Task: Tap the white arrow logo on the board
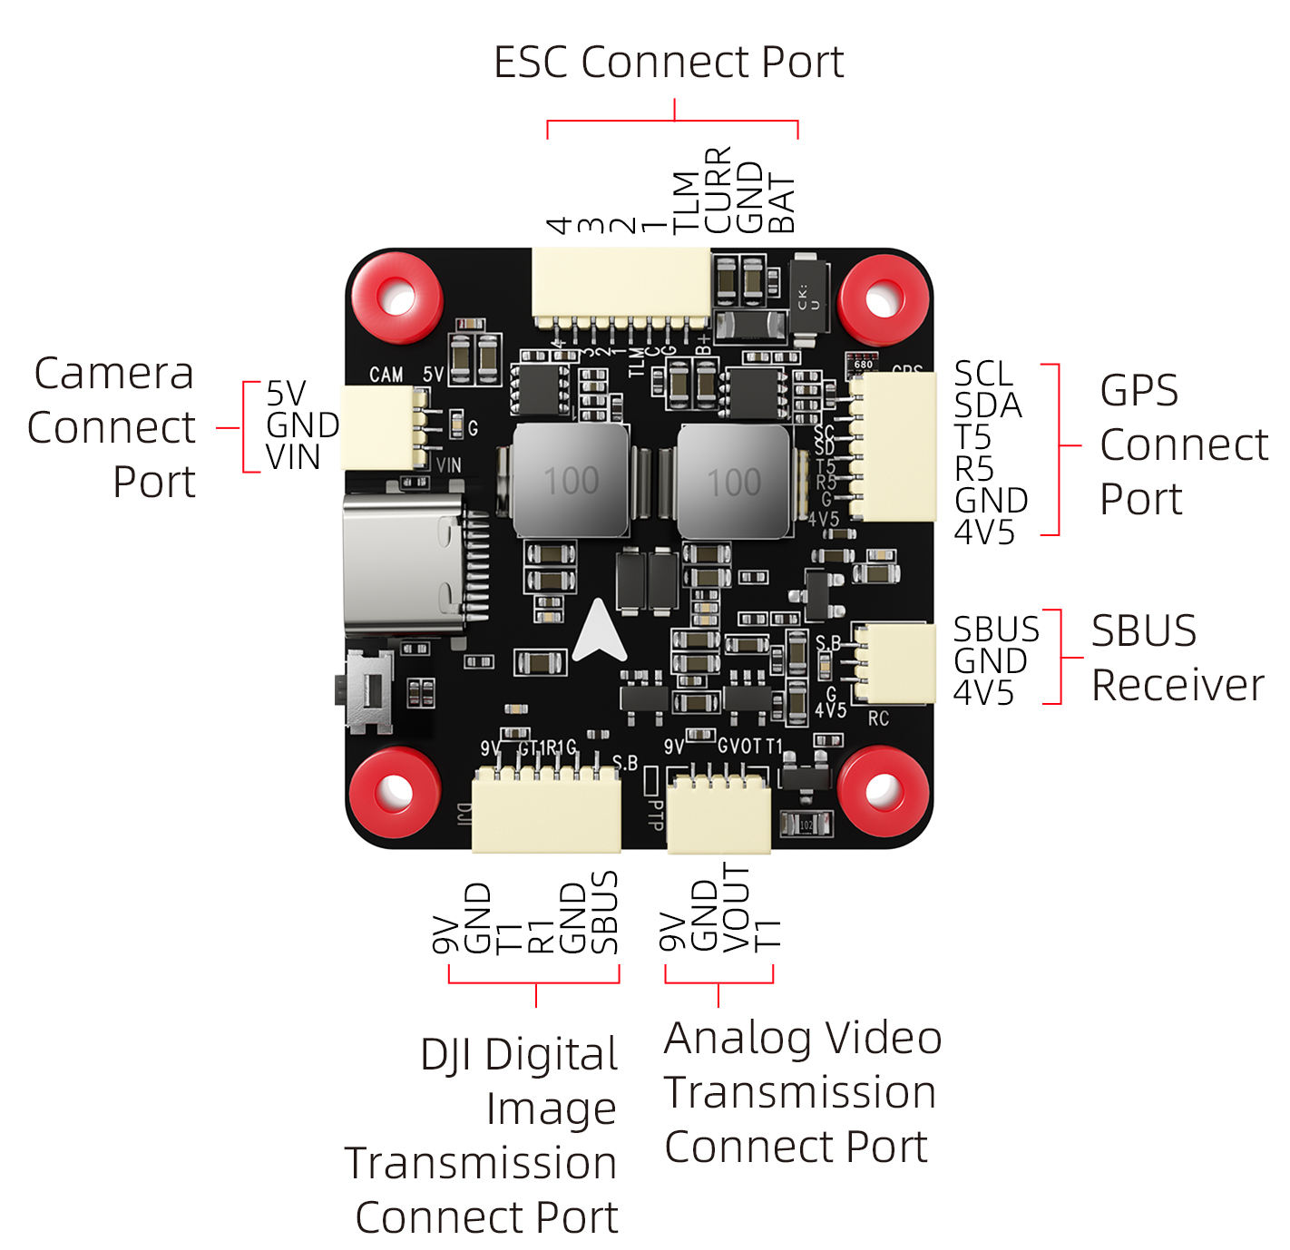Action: tap(600, 631)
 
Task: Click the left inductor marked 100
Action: tap(571, 481)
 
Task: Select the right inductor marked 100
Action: tap(734, 483)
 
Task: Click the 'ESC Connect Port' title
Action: tap(669, 63)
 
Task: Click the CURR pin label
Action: tap(718, 190)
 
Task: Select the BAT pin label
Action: tap(781, 205)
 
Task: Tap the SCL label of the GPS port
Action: tap(982, 374)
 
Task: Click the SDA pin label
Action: tap(987, 405)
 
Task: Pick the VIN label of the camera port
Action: tap(293, 457)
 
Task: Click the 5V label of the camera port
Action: tap(286, 394)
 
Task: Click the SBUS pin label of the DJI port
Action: tap(604, 913)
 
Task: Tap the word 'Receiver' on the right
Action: tap(1177, 685)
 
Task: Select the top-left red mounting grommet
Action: tap(396, 298)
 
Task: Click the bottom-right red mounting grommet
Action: tap(883, 791)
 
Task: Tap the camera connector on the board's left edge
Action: tap(382, 427)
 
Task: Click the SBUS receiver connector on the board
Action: tap(893, 662)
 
